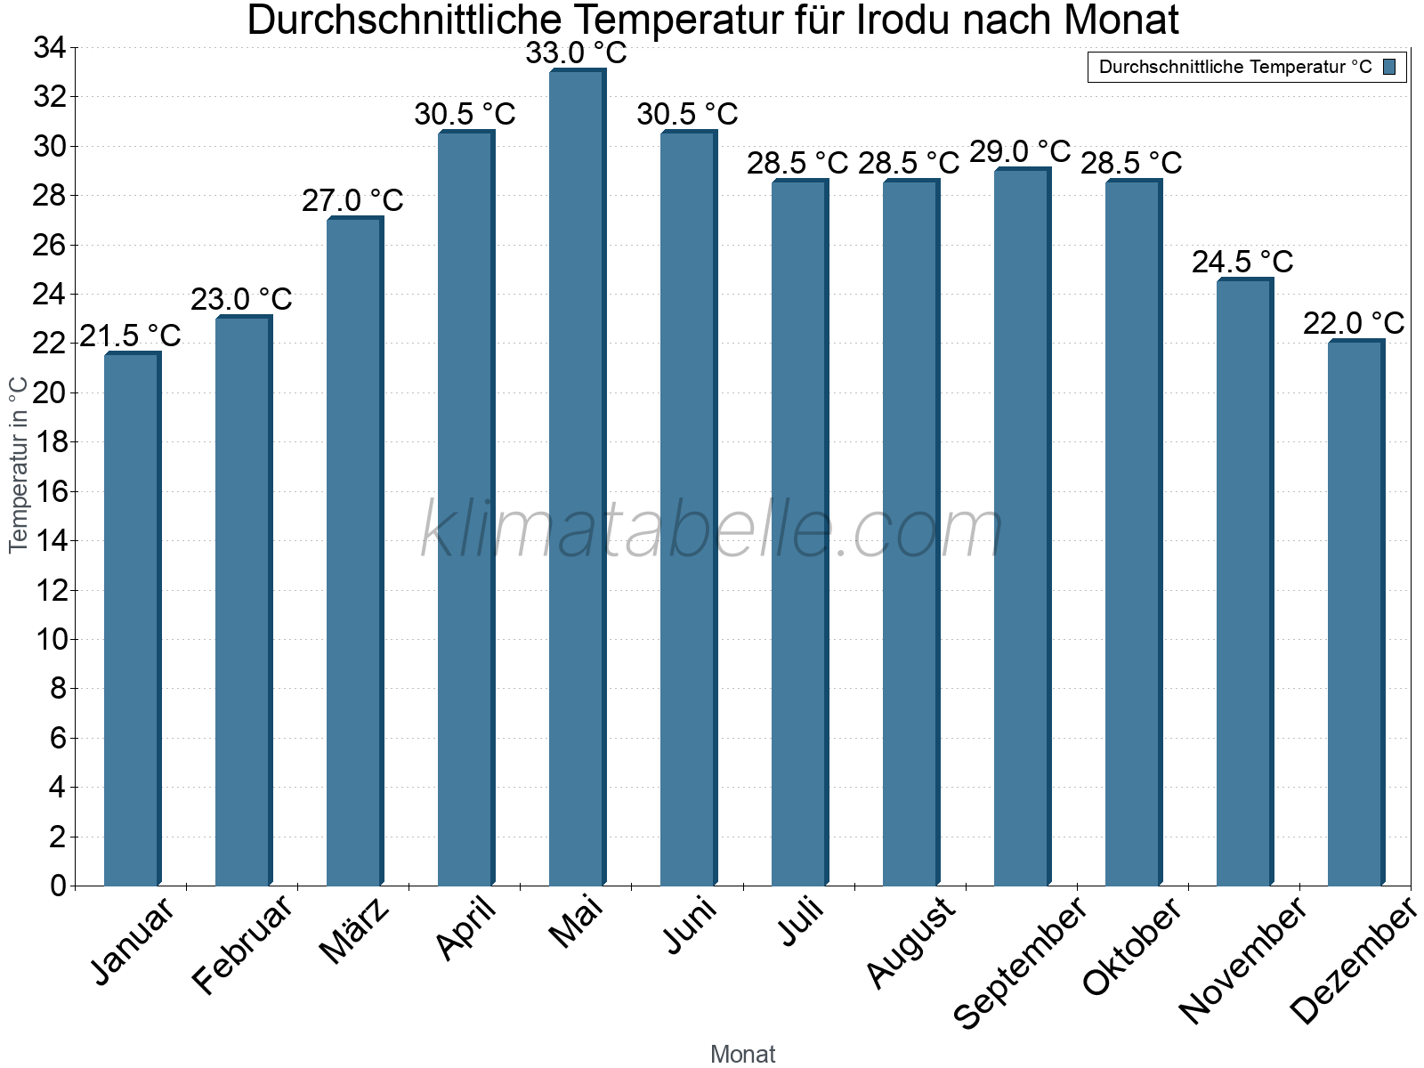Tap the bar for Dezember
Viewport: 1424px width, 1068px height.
tap(1355, 613)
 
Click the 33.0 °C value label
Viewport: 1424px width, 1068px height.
tap(576, 53)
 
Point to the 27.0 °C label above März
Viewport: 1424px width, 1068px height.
tap(352, 201)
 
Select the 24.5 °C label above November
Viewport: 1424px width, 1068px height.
tap(1242, 263)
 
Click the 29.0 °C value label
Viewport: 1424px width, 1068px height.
tap(1020, 152)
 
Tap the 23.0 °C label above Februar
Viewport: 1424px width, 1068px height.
tap(241, 300)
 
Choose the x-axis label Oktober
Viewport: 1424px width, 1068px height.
tap(1131, 945)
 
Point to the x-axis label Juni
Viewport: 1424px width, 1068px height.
tap(690, 925)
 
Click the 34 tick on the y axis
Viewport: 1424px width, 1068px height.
tap(50, 48)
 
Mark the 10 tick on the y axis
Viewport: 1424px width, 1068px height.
tap(50, 639)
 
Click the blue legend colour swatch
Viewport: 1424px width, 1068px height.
tap(1389, 67)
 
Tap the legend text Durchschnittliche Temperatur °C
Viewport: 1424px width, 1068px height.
tap(1235, 67)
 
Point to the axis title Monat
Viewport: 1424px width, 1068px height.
tap(742, 1054)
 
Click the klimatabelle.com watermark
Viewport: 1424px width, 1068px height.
tap(712, 530)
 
